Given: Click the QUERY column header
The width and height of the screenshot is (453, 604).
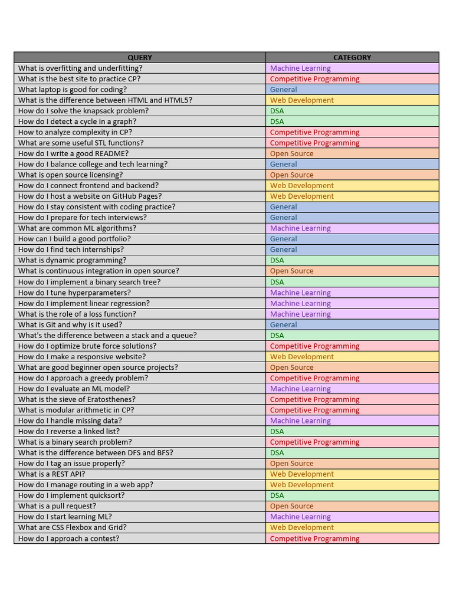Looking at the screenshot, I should [x=140, y=57].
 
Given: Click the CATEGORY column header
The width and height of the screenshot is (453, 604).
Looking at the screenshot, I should [x=352, y=57].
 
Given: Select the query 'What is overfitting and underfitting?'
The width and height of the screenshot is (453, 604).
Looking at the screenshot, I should [x=80, y=68].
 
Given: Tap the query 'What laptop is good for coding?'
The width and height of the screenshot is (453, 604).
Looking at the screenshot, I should [x=73, y=90].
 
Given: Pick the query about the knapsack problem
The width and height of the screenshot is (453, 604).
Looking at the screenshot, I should [x=83, y=111].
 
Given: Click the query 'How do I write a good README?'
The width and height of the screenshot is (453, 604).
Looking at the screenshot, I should [x=73, y=153].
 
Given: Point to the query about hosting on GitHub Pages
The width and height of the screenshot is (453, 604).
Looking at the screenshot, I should [x=90, y=196].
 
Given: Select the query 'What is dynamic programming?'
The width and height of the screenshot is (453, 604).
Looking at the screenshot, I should [x=73, y=260].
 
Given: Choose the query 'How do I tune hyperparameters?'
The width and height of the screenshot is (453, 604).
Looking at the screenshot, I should [x=74, y=293].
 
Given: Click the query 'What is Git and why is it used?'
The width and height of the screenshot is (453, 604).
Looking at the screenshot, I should [x=70, y=324].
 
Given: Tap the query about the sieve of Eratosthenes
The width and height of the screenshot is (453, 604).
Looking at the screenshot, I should [x=77, y=399].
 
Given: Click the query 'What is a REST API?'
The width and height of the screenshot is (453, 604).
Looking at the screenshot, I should [x=52, y=474].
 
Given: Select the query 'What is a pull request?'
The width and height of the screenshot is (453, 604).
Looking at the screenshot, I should [x=57, y=506].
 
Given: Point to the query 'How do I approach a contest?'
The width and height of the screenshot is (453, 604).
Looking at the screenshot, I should [x=68, y=539].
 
